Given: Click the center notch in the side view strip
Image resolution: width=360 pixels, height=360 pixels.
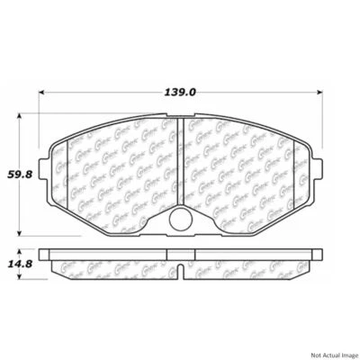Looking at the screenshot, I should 179,268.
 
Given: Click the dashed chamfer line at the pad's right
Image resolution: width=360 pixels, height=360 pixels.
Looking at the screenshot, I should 294,171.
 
